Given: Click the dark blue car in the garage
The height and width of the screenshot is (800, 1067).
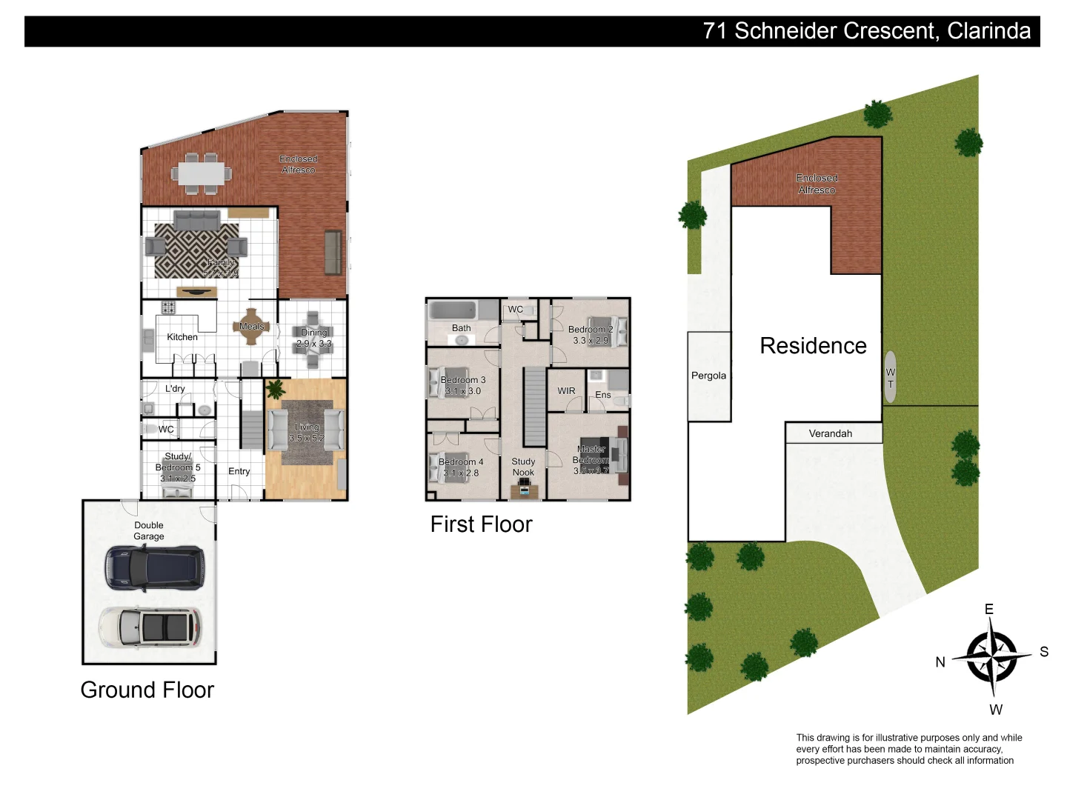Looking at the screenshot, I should click(154, 568).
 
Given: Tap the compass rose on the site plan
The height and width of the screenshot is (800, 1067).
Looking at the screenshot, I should click(991, 657).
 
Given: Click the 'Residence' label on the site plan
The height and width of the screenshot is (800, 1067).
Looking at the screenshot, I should click(813, 346).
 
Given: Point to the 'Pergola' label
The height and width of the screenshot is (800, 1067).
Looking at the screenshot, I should click(708, 376).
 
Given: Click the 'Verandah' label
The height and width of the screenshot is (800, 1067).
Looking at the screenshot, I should click(830, 433).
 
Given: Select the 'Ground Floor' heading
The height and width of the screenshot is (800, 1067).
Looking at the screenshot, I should click(147, 690).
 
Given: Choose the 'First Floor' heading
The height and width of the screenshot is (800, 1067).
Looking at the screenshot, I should click(481, 524).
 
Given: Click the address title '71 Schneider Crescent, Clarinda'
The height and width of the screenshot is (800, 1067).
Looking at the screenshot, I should click(866, 31).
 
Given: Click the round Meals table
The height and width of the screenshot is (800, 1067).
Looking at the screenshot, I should click(251, 327).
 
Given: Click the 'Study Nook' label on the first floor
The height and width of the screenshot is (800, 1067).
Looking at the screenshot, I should click(523, 467).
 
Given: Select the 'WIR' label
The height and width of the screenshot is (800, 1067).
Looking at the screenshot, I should click(566, 391).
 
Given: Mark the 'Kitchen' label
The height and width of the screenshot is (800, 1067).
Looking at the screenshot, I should click(182, 337).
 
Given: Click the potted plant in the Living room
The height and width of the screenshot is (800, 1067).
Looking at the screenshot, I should click(275, 389).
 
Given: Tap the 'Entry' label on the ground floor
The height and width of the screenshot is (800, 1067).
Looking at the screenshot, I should click(239, 471).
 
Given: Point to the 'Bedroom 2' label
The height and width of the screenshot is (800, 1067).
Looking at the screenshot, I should click(591, 330).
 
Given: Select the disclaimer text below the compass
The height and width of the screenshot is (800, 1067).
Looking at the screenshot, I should click(908, 749).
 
